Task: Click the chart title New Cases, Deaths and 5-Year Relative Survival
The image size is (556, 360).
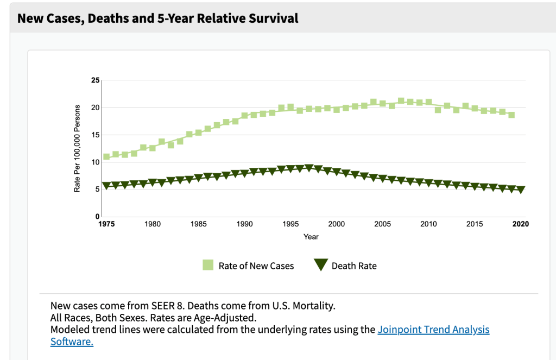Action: [158, 18]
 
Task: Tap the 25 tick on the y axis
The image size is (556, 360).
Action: [96, 80]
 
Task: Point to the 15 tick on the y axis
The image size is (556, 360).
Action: [96, 135]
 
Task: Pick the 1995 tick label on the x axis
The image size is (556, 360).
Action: [290, 224]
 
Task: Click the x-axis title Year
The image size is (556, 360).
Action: [311, 237]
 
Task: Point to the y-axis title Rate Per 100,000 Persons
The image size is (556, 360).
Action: [78, 148]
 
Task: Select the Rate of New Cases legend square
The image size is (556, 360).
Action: [208, 265]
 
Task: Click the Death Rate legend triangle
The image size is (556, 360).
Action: [321, 265]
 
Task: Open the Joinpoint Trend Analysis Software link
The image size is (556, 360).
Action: [433, 330]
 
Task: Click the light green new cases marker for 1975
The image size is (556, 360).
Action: [106, 156]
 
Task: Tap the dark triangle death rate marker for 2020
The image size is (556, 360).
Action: [521, 190]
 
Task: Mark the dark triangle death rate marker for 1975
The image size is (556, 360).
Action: [106, 186]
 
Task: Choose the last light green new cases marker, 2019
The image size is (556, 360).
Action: [511, 115]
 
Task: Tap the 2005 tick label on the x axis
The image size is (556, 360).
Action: [382, 224]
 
